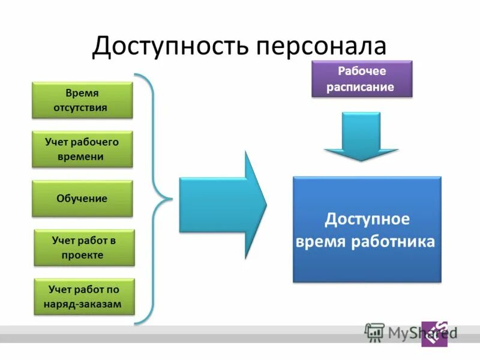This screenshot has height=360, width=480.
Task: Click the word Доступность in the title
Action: pos(170,46)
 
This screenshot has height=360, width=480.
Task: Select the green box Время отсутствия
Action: pos(82,100)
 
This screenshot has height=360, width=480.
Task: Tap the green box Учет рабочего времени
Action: pos(82,149)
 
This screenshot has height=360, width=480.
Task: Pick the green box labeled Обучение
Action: pos(82,198)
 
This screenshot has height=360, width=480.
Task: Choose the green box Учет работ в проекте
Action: pos(84,247)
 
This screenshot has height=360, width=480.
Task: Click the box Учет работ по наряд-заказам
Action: pos(84,296)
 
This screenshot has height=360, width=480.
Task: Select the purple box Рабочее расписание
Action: pos(361,79)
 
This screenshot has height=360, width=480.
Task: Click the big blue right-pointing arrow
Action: pos(222,204)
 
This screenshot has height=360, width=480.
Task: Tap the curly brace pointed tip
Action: pos(170,198)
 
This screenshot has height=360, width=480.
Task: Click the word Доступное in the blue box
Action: pos(367,219)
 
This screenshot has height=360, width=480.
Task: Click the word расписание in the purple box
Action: pos(361,87)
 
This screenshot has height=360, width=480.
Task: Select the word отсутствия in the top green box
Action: pos(82,108)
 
